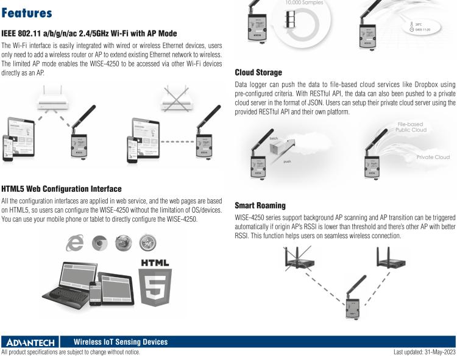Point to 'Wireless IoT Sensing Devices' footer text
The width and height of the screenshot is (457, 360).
[121, 342]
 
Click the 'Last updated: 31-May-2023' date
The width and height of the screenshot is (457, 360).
[421, 352]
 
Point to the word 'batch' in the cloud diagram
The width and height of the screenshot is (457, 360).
[274, 138]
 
